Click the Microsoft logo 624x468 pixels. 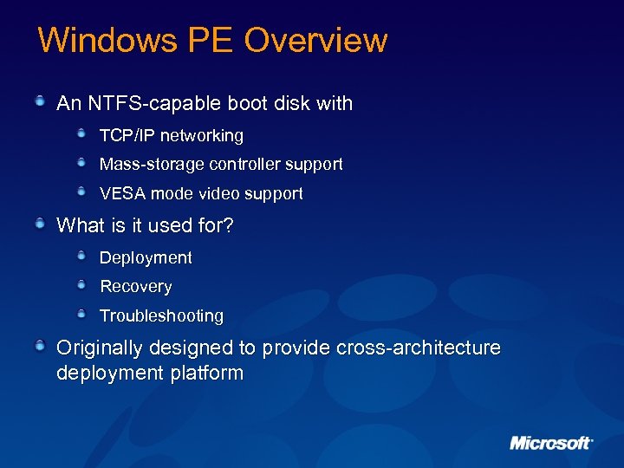coord(550,443)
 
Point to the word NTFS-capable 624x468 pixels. coord(143,104)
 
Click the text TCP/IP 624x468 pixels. coord(127,136)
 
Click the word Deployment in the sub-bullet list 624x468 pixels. coord(146,258)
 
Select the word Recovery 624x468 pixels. coord(136,287)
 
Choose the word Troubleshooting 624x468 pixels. coord(161,316)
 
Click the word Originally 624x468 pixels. coord(100,348)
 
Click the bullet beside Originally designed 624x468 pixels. coord(40,347)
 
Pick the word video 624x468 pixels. coord(225,194)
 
